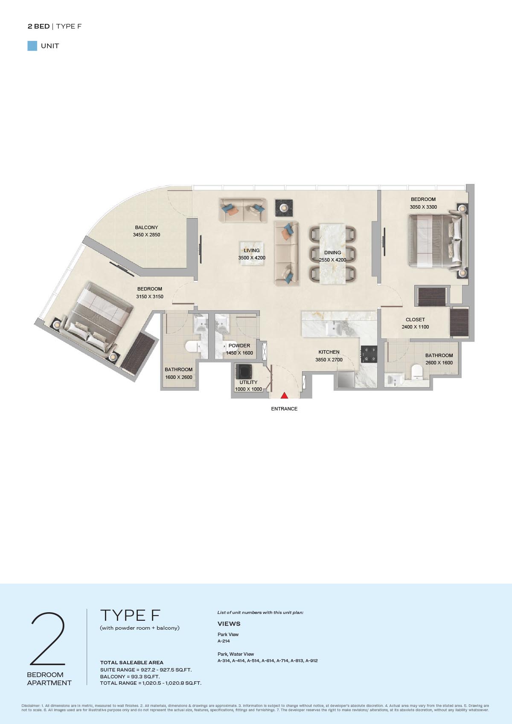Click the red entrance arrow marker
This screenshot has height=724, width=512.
284,395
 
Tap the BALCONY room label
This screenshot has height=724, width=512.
146,227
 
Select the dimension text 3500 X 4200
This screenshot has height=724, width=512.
252,258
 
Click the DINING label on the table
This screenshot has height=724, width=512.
333,253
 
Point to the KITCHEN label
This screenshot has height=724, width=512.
329,352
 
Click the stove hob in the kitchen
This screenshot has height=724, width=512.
369,354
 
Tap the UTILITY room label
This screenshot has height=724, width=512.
249,382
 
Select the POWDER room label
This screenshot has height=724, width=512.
239,346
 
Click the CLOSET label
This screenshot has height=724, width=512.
415,320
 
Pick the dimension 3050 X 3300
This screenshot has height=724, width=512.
423,207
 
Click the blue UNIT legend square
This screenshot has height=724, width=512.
32,46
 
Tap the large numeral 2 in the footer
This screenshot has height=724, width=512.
48,639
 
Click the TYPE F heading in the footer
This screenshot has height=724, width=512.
130,615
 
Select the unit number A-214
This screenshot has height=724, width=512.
224,641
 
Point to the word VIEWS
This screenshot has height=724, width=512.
229,624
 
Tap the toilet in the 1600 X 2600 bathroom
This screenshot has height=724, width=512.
193,347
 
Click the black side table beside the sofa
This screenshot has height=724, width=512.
284,208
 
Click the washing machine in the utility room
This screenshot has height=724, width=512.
244,371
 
